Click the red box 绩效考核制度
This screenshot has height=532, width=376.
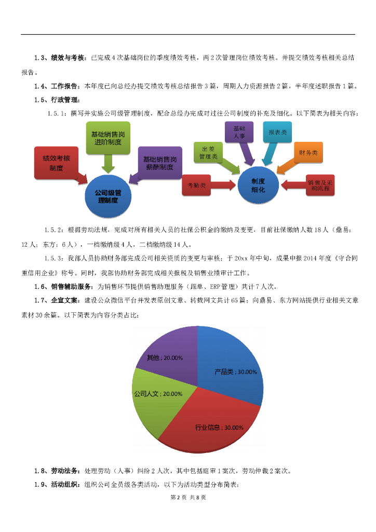click(x=56, y=163)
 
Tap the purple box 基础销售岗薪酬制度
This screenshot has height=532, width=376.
click(x=160, y=164)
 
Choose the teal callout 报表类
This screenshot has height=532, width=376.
click(x=277, y=133)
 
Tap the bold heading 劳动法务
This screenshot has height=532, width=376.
click(x=65, y=471)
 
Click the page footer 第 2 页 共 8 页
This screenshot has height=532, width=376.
click(x=188, y=497)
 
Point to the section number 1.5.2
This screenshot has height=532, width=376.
click(x=53, y=229)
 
